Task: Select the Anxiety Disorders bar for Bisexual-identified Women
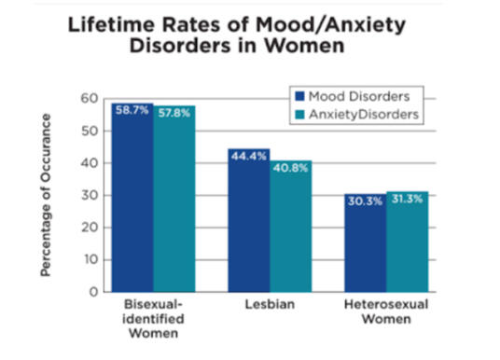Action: click(174, 205)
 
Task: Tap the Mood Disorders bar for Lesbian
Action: click(249, 224)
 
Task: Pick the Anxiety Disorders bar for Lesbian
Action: click(291, 228)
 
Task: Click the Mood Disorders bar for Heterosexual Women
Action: click(365, 247)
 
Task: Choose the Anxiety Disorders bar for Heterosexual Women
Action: click(407, 245)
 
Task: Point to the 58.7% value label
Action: click(132, 110)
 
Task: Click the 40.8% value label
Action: click(291, 167)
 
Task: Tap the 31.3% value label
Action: click(407, 199)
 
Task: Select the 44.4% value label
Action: click(249, 155)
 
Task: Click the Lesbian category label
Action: click(270, 305)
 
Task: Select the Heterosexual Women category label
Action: click(385, 312)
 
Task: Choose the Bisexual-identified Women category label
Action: click(153, 320)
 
